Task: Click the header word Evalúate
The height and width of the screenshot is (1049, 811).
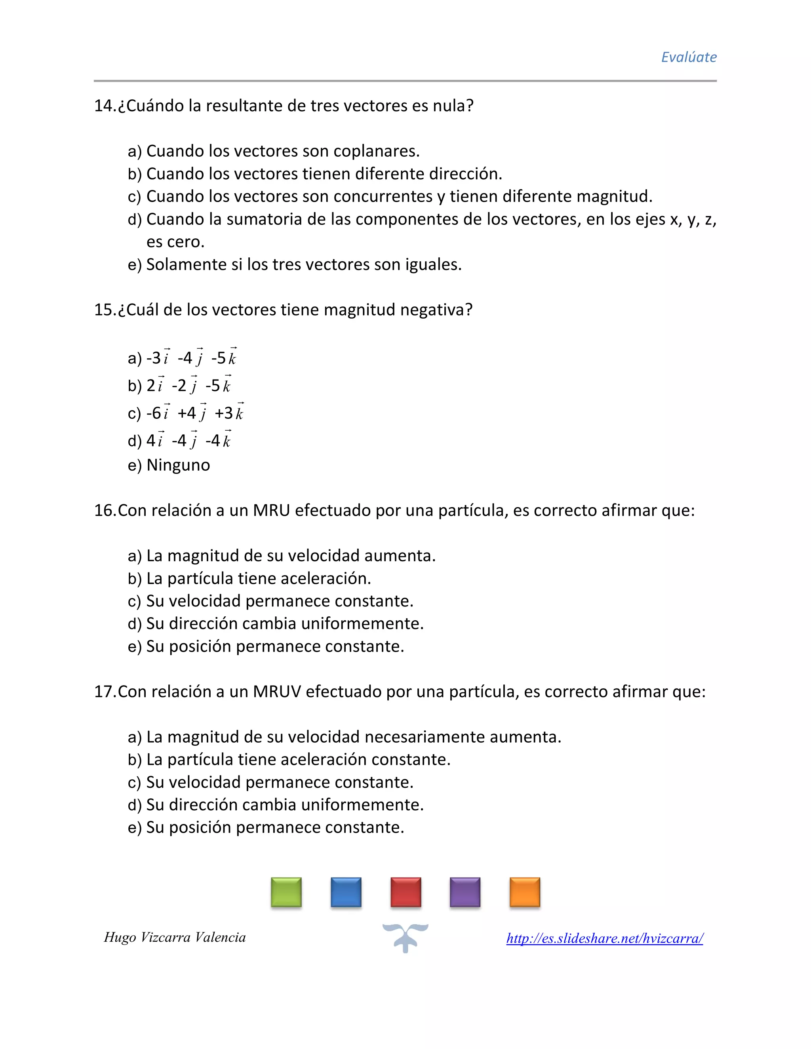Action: coord(689,57)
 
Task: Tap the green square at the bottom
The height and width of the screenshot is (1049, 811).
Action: coord(286,892)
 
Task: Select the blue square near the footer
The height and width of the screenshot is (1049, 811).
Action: coord(346,892)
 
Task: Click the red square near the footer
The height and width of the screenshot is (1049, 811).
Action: coord(406,892)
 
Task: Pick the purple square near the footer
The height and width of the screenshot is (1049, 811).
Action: coord(465,892)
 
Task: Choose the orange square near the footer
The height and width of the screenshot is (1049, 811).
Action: coord(525,892)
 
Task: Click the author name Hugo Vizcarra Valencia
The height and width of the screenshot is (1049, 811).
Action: coord(175,937)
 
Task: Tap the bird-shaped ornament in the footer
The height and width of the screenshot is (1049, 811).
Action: coord(405,937)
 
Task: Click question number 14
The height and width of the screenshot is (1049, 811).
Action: coord(104,106)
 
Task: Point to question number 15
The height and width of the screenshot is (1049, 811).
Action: coord(104,310)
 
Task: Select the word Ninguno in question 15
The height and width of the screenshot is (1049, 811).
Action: coord(178,465)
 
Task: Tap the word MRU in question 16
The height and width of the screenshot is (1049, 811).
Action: coord(271,510)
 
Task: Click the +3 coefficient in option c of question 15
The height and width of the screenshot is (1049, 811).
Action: coord(223,413)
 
